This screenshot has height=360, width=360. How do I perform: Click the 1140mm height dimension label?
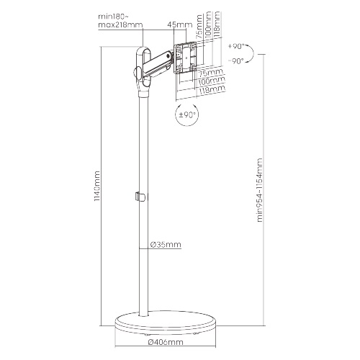[x=97, y=186]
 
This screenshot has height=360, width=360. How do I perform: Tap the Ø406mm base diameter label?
[x=166, y=342]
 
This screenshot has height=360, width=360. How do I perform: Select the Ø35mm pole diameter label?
[x=166, y=245]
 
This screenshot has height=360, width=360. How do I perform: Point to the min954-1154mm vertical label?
[x=260, y=190]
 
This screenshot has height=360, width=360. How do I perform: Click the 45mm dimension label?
[x=180, y=24]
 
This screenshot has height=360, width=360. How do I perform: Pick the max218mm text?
[x=120, y=24]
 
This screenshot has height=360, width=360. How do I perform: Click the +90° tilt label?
[x=236, y=46]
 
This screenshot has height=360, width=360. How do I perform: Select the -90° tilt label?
[x=236, y=61]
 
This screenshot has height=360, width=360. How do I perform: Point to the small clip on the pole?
[x=140, y=197]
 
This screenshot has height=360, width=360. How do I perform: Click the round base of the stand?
[x=166, y=323]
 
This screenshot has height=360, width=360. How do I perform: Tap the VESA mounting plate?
[x=185, y=58]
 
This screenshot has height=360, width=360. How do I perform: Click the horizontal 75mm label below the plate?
[x=211, y=72]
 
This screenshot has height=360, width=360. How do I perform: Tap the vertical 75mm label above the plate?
[x=199, y=27]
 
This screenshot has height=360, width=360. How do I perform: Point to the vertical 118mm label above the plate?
[x=217, y=23]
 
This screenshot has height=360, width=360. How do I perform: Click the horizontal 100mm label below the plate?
[x=212, y=81]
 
